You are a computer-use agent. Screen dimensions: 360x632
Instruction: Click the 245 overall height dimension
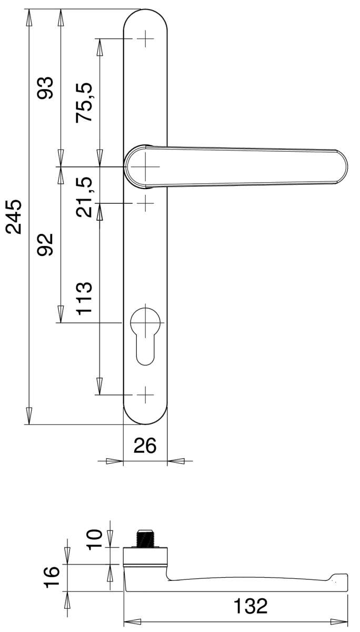coord(14,216)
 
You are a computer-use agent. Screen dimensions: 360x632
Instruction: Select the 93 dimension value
coord(45,88)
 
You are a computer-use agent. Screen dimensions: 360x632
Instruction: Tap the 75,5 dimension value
coord(84,102)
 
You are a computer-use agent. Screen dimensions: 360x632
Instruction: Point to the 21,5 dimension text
coord(84,197)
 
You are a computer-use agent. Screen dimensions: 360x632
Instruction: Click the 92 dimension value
coord(45,244)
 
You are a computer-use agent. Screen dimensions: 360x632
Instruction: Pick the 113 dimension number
coord(84,298)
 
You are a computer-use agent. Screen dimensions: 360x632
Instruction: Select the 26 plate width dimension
coord(145,446)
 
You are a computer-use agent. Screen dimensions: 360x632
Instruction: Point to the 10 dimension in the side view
coord(94,539)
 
